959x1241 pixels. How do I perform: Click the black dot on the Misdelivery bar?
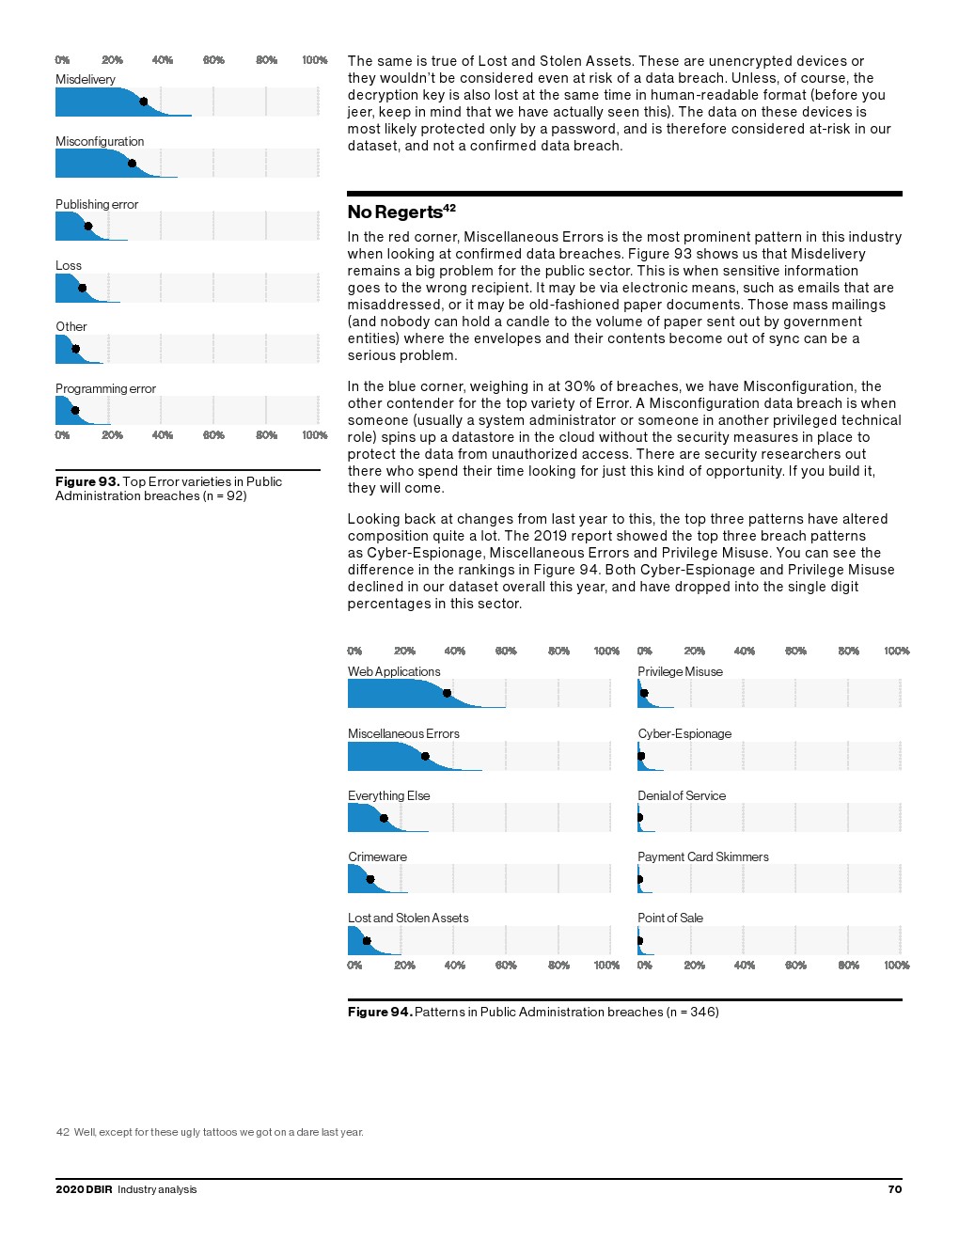tap(143, 102)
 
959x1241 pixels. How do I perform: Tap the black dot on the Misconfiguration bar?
tap(132, 164)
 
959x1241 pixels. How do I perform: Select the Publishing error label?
tap(97, 204)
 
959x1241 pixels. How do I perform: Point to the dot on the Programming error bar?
tap(75, 410)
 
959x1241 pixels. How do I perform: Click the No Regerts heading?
tap(395, 212)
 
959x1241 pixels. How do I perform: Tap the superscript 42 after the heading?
tap(449, 208)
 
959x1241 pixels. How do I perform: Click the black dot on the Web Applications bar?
tap(447, 694)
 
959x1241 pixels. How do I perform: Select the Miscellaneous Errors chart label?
tap(403, 733)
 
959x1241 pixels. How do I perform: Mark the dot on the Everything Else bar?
tap(384, 818)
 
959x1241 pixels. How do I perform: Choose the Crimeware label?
tap(377, 856)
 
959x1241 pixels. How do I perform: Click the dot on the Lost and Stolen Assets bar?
tap(367, 941)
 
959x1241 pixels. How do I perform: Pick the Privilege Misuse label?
tap(680, 671)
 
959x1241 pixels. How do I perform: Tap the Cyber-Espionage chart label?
tap(684, 733)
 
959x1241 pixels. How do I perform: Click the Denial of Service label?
tap(682, 795)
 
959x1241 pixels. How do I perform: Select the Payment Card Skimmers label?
tap(703, 856)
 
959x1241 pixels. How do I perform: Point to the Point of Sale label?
tap(670, 918)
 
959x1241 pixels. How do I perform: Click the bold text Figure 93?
tap(87, 481)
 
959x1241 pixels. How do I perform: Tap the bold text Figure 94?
tap(380, 1012)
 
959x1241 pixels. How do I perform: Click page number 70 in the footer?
tap(894, 1189)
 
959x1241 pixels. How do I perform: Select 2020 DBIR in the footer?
tap(84, 1189)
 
